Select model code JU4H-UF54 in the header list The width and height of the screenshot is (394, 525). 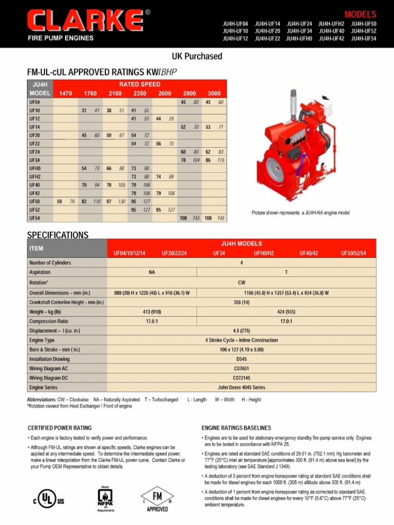point(364,38)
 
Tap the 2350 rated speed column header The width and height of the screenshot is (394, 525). point(140,93)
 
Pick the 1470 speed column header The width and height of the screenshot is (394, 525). point(66,93)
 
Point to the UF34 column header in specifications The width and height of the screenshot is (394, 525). point(219,253)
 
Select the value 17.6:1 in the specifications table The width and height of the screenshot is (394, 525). point(152,321)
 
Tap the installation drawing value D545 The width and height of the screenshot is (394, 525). point(242,359)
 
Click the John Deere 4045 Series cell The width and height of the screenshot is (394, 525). point(242,387)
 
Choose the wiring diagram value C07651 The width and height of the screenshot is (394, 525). point(242,368)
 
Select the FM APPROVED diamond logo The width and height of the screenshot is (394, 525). point(157,498)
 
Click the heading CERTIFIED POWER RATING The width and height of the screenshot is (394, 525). point(60,428)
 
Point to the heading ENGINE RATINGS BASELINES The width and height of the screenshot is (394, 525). point(237,428)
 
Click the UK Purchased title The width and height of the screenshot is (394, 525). point(197,56)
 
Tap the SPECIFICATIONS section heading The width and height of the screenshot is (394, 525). point(57,235)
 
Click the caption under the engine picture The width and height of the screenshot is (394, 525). point(300,212)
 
